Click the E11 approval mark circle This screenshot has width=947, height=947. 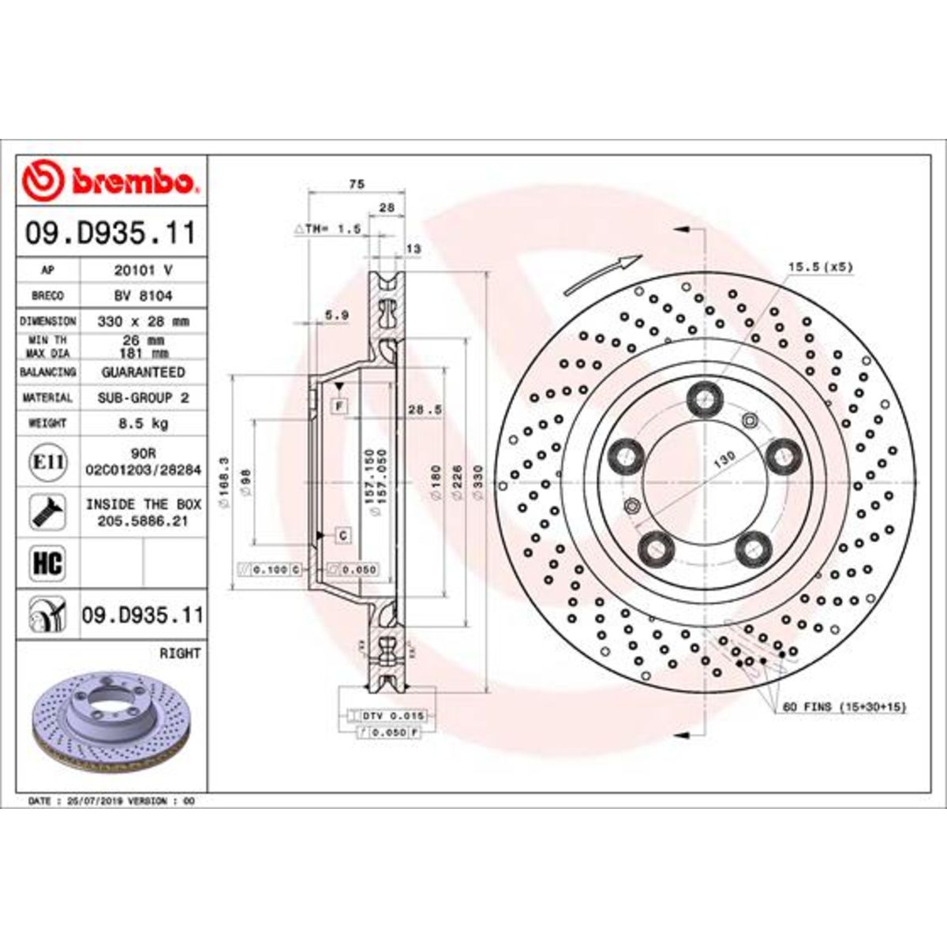click(47, 461)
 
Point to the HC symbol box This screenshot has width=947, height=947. click(47, 563)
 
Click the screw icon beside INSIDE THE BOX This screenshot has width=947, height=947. click(47, 512)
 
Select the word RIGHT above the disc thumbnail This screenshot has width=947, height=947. click(180, 653)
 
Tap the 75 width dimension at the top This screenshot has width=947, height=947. click(356, 184)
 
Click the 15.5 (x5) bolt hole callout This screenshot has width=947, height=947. click(821, 268)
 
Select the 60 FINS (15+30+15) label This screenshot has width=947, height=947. click(844, 707)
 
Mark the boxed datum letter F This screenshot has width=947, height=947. click(340, 406)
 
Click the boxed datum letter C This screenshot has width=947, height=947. click(343, 536)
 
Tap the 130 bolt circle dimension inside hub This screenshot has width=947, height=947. click(724, 458)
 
